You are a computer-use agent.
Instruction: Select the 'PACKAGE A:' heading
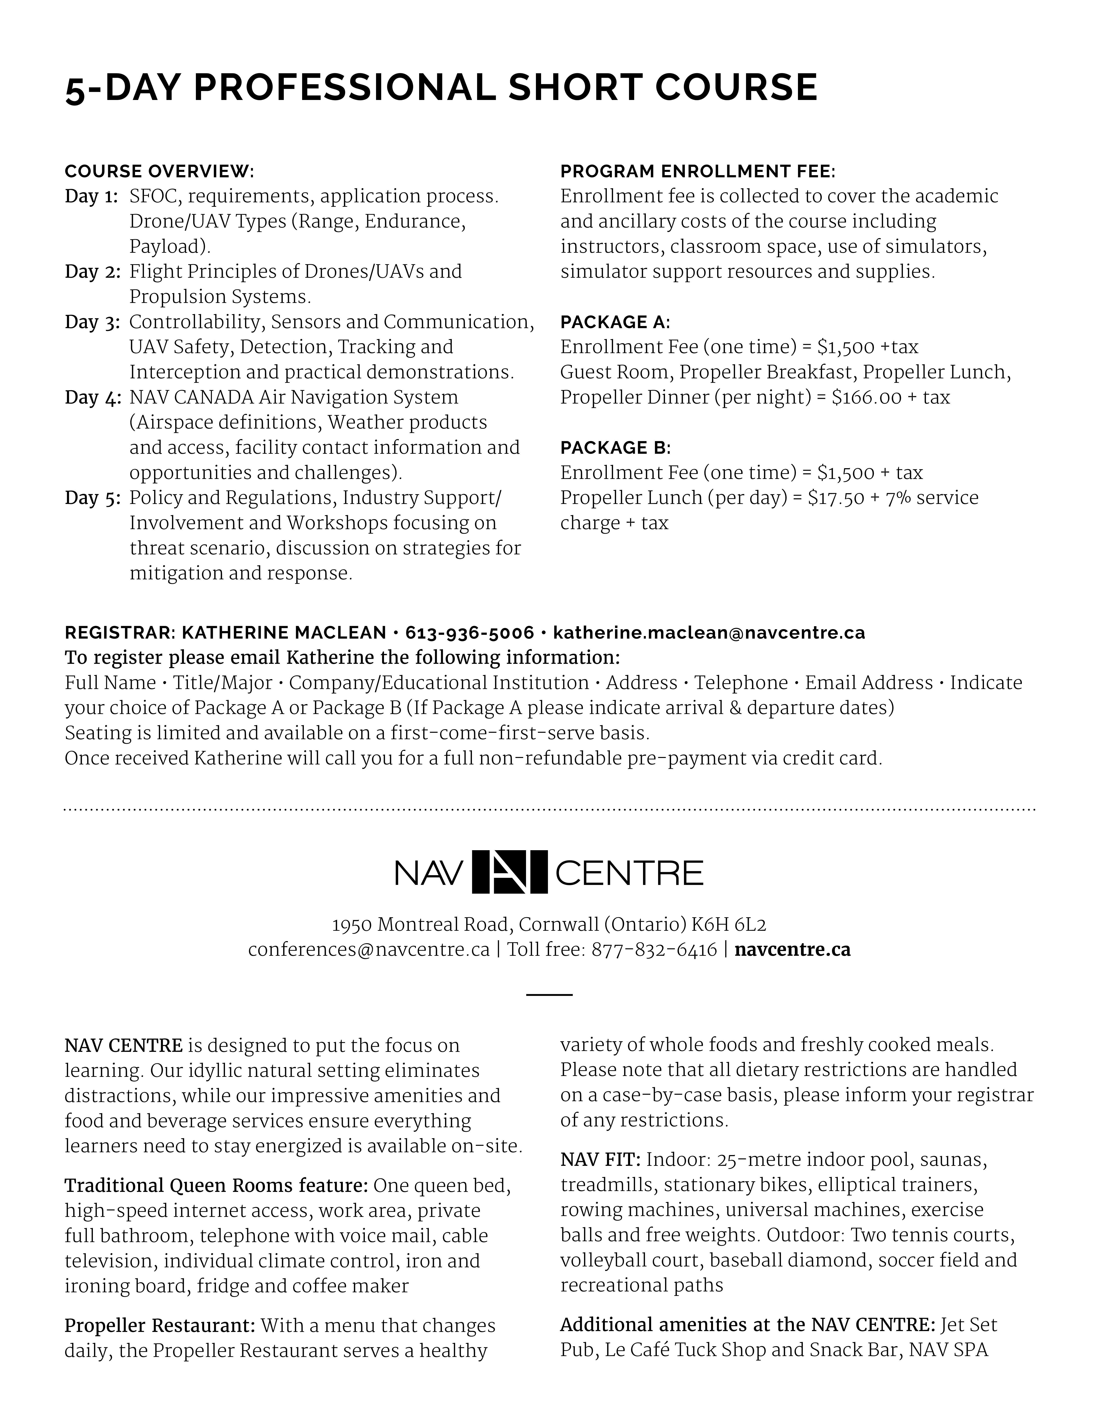[615, 322]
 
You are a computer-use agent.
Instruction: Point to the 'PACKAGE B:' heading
[615, 448]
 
